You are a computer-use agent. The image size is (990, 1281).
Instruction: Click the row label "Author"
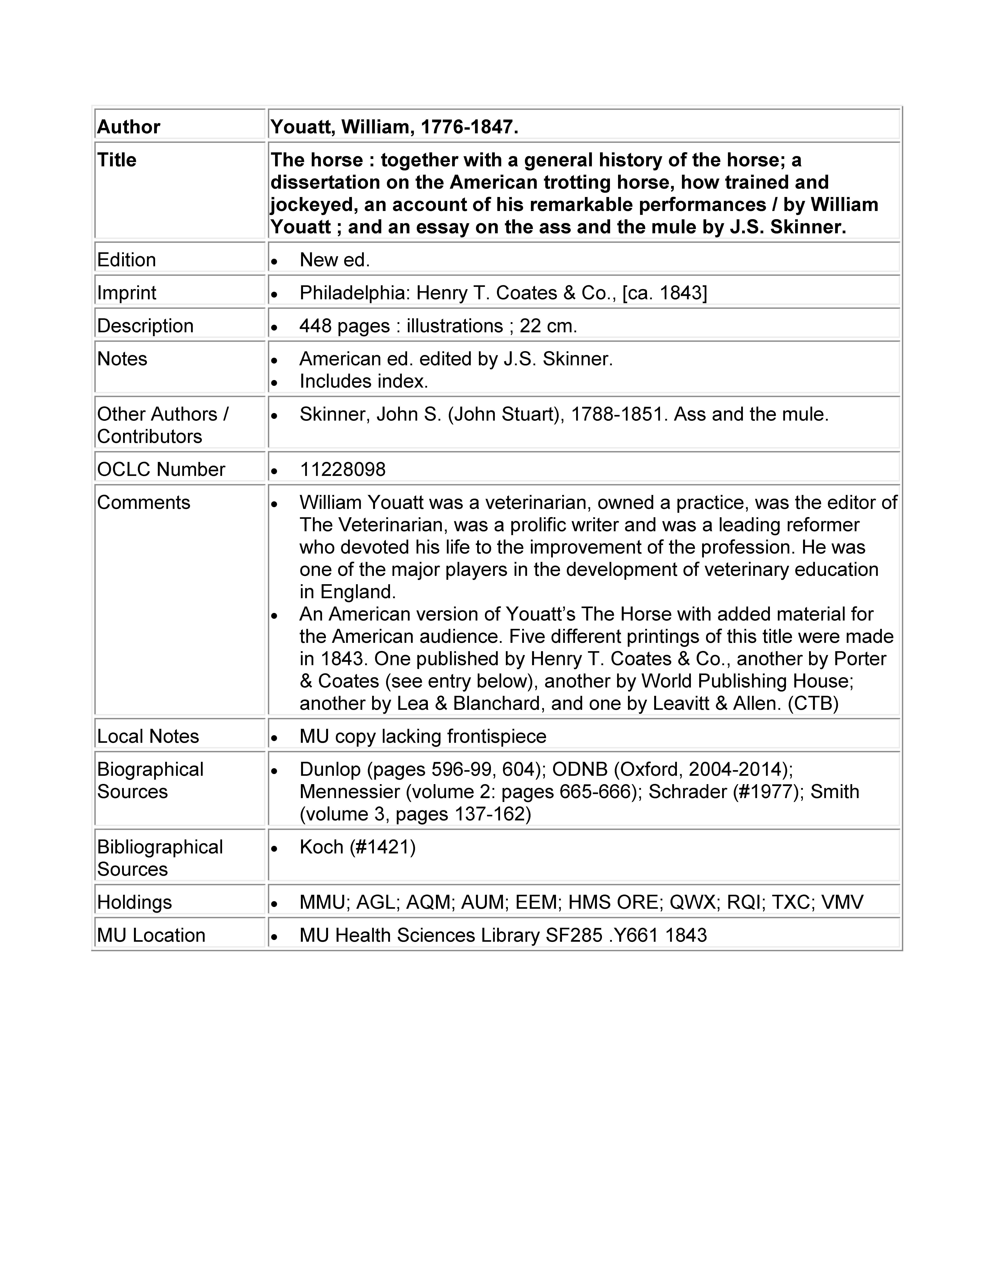pos(129,127)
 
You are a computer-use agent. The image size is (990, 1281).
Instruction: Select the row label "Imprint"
pos(127,293)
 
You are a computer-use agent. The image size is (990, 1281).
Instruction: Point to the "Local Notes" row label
pos(148,736)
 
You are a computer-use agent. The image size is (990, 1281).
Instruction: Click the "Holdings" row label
pos(134,902)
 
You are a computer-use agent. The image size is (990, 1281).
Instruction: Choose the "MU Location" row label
pos(151,935)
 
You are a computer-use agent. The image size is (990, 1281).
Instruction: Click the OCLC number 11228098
pos(342,469)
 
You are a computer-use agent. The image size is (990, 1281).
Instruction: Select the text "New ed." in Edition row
pos(334,260)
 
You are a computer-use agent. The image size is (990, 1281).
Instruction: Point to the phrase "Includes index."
pos(364,381)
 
